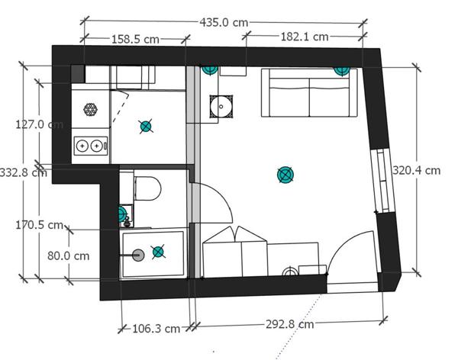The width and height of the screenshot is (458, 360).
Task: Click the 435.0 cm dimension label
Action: point(224,22)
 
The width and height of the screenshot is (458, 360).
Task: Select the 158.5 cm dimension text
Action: point(136,39)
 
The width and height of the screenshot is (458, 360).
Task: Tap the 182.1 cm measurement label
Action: point(305,37)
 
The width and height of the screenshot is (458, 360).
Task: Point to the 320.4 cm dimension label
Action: point(416,170)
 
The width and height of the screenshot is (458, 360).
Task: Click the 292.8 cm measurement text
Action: point(290,324)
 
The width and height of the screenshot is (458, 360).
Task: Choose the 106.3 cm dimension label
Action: point(156,329)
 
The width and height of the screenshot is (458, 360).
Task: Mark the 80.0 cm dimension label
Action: point(69,256)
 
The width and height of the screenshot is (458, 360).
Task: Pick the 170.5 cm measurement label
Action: point(40,225)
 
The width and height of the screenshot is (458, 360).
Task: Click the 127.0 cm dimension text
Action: point(40,124)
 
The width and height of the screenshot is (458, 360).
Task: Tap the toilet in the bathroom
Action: point(147,188)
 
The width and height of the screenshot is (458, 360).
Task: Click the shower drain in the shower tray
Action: point(138,256)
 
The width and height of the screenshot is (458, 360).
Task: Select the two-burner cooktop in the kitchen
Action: point(91,146)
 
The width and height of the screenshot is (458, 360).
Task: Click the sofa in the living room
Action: point(309,93)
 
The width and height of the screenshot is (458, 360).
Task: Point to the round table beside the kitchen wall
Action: point(221,107)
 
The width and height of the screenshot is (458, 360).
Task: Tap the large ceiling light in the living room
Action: point(285,175)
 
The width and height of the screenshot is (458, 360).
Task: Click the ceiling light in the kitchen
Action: point(146,127)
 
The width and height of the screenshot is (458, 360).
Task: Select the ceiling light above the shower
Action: point(158,252)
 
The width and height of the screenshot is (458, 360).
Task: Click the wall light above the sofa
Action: point(342,71)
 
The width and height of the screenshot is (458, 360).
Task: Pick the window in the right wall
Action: point(382,181)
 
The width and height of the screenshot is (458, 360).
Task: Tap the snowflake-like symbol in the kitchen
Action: point(90,110)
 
